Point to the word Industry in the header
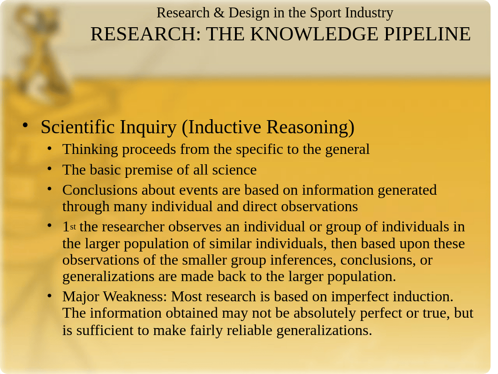370,13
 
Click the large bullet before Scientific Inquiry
26,126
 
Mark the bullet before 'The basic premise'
50,168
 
